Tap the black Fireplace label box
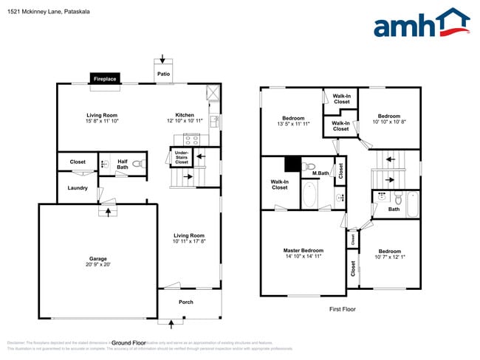(104, 78)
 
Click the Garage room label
(97, 258)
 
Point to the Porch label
(186, 302)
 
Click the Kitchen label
(184, 115)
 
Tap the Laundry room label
(78, 188)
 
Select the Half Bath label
(122, 165)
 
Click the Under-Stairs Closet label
(181, 156)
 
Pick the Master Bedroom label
(303, 250)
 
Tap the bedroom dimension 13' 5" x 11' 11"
(292, 124)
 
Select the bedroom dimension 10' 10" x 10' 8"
(388, 122)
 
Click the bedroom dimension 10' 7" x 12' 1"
(389, 257)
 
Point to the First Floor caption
(342, 309)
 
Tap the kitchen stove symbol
(192, 139)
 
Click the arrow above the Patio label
(164, 60)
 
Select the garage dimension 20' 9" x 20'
(97, 265)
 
